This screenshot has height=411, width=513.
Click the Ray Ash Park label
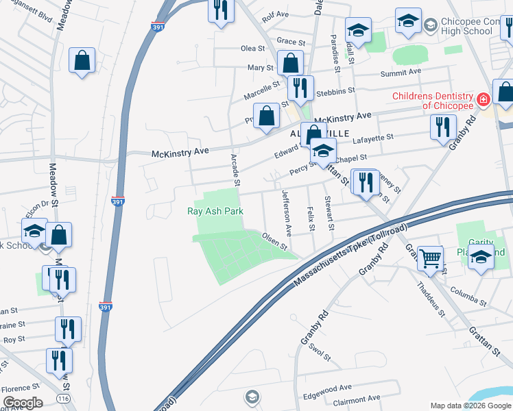215,211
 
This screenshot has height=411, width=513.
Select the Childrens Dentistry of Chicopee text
432,101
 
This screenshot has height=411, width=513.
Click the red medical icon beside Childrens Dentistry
484,100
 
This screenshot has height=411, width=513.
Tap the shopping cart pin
431,258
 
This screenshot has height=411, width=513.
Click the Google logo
23,403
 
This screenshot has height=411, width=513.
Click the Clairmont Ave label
355,398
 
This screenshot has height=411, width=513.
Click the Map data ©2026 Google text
470,406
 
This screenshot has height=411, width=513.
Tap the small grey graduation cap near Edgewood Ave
252,397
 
